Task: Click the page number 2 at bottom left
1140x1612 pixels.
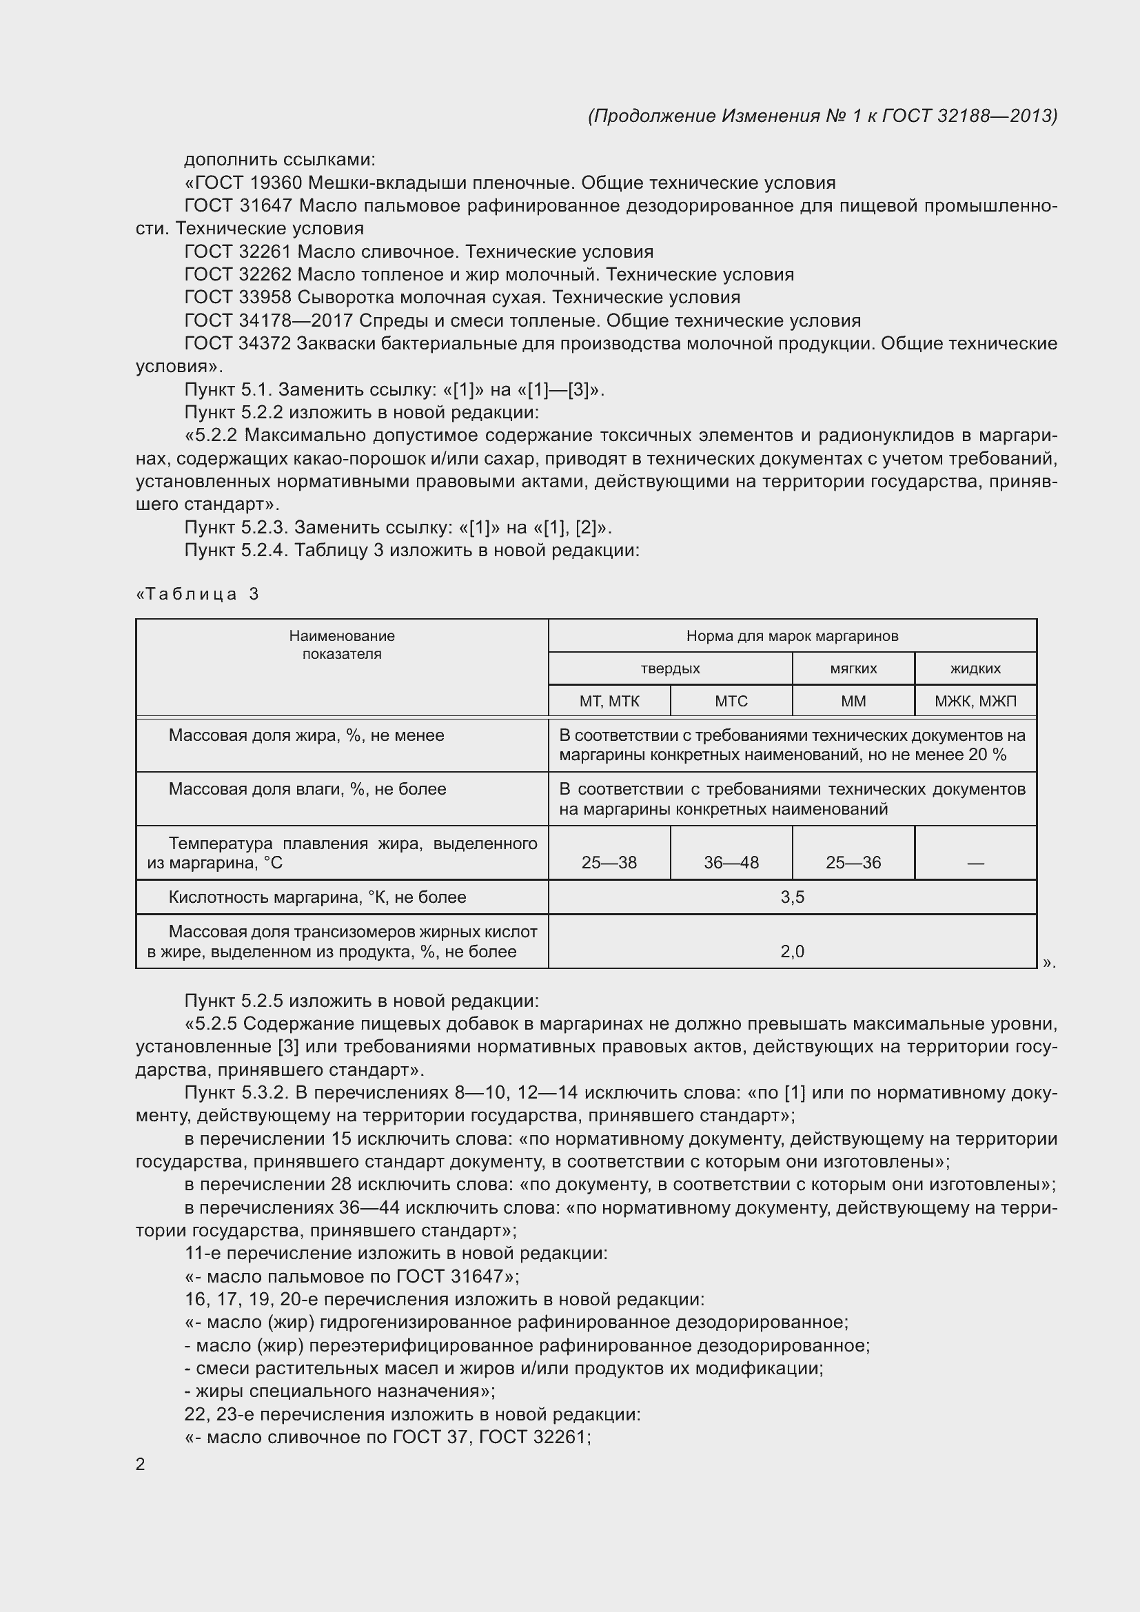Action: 141,1464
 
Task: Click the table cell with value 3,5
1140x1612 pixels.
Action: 792,897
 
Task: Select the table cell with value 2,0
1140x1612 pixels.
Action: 792,951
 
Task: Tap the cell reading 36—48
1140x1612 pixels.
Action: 731,862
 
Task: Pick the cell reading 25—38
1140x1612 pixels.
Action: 609,862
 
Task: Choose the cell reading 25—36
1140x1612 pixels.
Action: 853,862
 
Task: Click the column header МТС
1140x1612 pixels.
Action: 731,701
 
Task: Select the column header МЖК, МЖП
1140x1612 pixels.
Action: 975,701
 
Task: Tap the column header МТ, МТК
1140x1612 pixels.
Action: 609,701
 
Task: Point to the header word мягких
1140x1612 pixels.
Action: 853,669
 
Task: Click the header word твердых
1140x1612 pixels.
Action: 670,669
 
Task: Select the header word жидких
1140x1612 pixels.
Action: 975,669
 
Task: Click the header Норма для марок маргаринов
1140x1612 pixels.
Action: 792,636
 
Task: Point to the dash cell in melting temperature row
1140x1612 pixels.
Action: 975,863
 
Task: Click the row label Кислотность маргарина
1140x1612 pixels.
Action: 316,897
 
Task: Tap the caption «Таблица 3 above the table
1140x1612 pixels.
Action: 197,594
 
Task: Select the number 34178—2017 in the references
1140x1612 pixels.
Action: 297,321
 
